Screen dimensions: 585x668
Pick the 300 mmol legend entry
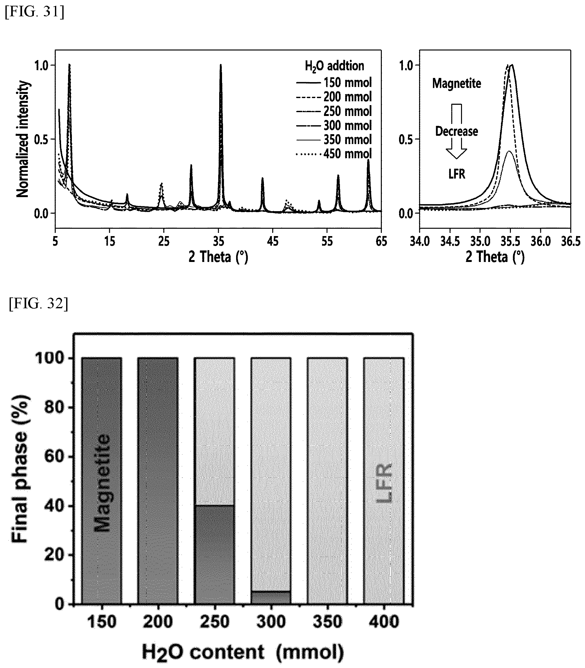coord(334,126)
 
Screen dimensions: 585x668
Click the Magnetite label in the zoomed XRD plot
coord(456,84)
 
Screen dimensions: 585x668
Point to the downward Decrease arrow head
coord(456,153)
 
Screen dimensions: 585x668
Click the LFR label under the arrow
coord(456,174)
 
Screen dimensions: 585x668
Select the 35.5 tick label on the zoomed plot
coord(510,242)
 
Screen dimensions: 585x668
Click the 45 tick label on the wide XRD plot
coord(273,242)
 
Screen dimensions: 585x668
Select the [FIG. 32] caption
coord(39,304)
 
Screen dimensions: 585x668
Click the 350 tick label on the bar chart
coord(327,622)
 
